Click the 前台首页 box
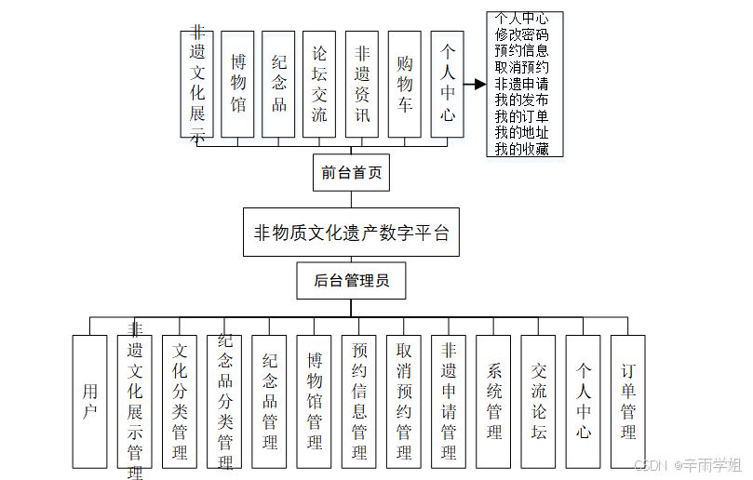(351, 172)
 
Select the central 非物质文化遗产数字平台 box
(351, 233)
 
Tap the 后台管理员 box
(351, 281)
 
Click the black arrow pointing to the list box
(475, 84)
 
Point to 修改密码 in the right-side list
(522, 33)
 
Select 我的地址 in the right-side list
(522, 132)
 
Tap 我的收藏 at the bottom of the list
(522, 149)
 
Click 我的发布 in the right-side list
(522, 100)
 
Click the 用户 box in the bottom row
(89, 401)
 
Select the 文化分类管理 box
(180, 401)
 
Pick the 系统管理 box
(493, 401)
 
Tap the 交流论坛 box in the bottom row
(538, 401)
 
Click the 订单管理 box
(628, 401)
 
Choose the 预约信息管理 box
(358, 401)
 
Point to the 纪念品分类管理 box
(224, 401)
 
